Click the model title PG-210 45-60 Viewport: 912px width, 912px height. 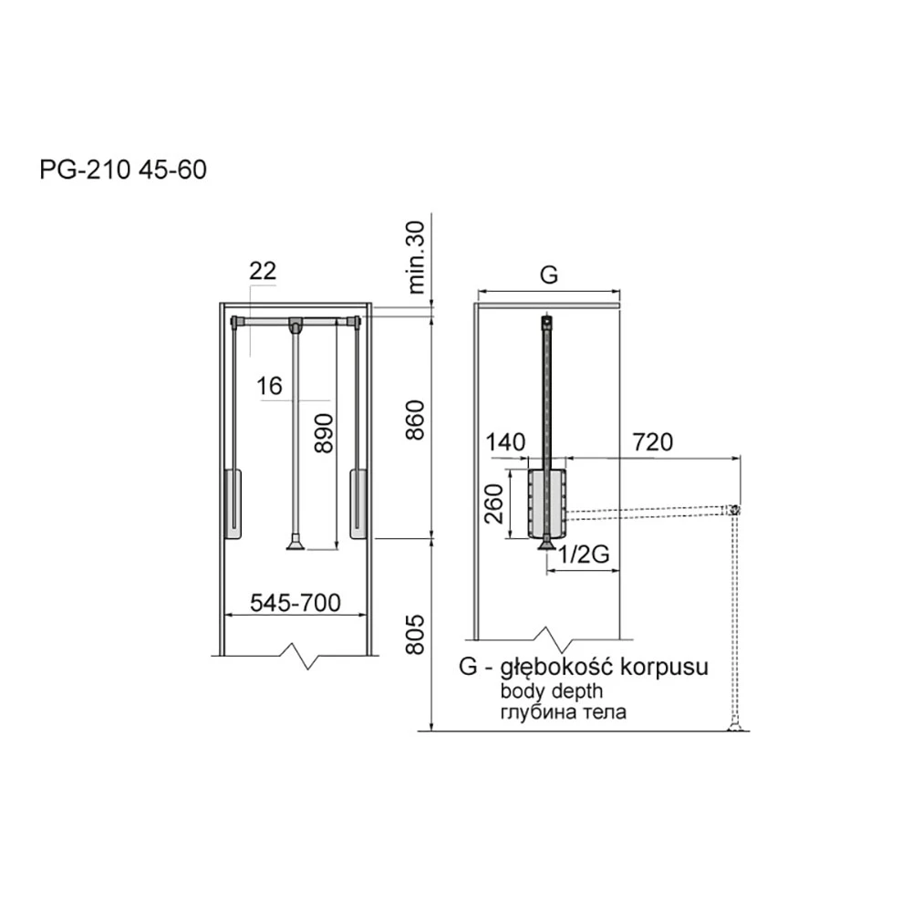pos(123,170)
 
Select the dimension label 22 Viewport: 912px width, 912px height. pos(263,271)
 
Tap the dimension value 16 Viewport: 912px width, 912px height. pos(269,386)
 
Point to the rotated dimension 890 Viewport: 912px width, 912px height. pos(324,432)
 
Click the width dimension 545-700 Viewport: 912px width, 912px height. pos(295,603)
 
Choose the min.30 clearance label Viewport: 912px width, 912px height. pos(417,257)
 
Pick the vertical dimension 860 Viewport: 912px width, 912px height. pos(415,420)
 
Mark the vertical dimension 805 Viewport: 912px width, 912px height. pos(415,635)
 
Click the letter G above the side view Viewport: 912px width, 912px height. pos(548,275)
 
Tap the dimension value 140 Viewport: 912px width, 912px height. pos(505,442)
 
